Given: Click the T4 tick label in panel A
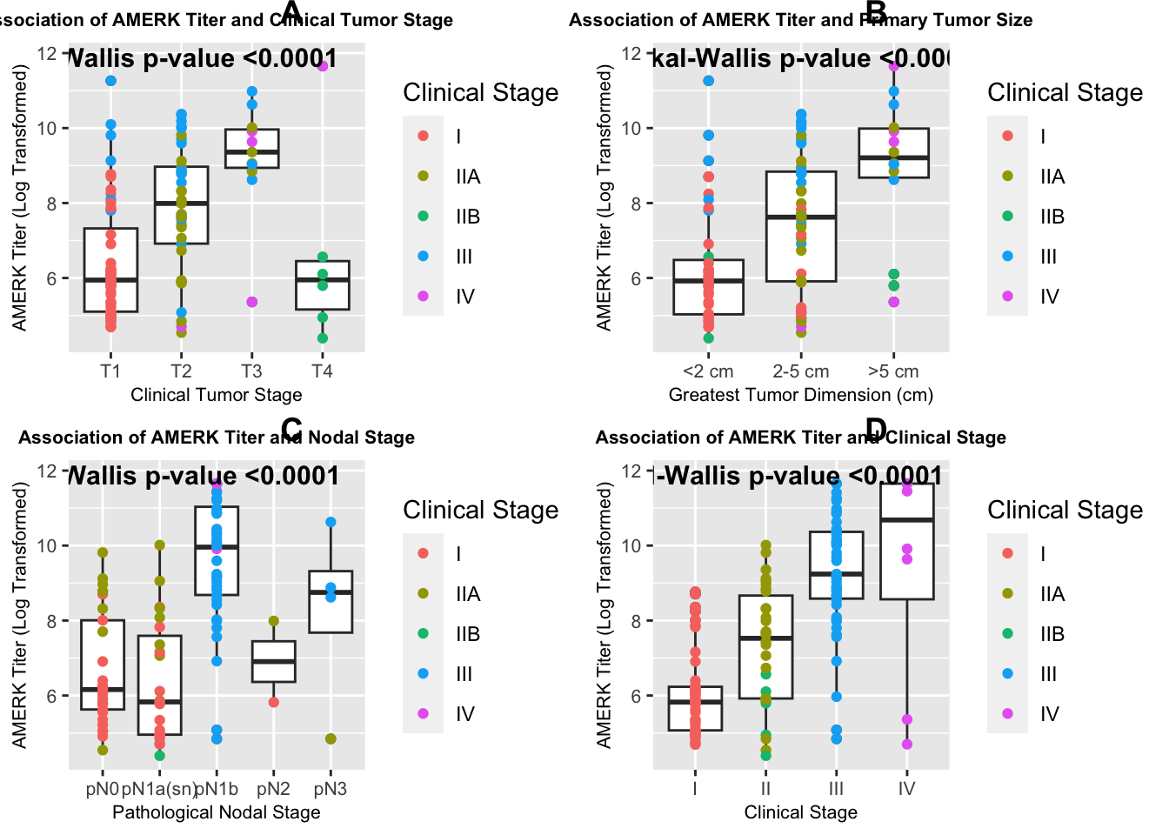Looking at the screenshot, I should coord(322,371).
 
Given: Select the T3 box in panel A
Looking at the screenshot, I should coord(251,148).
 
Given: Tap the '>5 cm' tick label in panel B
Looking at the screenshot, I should coord(893,371).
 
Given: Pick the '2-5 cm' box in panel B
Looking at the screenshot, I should coord(801,226).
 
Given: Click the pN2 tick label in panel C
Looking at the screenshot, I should coord(273,789).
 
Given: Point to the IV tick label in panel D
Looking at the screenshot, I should coord(906,789).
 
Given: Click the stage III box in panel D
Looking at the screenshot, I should coord(836,565).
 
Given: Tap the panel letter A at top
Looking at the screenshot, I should coord(291,12).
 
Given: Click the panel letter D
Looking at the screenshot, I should coord(875,429).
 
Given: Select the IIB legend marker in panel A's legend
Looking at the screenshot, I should coord(424,216).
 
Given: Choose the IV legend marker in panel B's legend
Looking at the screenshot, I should coord(1008,296).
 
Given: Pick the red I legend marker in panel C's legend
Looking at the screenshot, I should coord(424,553).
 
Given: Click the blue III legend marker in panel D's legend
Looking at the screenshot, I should coord(1008,673).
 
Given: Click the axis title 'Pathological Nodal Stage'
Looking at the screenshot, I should coord(216,812).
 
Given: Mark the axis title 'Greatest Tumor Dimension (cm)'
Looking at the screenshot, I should coord(800,395).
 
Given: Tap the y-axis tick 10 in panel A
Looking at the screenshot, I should coord(47,129).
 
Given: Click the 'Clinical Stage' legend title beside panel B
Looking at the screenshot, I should coord(1065,93).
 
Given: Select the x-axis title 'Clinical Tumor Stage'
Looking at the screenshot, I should coord(216,395).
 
